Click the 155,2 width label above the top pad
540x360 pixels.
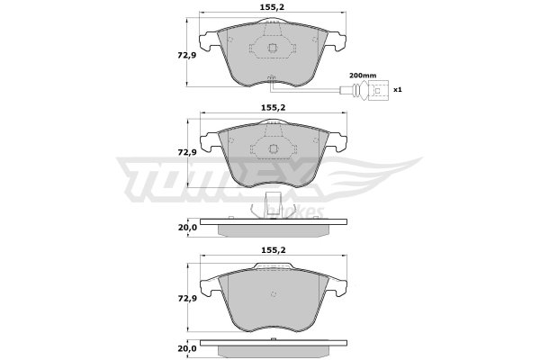(273, 7)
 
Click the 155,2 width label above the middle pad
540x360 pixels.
(273, 108)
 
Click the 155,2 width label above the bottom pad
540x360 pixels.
(273, 250)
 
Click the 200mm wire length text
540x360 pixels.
(363, 75)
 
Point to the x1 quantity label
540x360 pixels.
(398, 90)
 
